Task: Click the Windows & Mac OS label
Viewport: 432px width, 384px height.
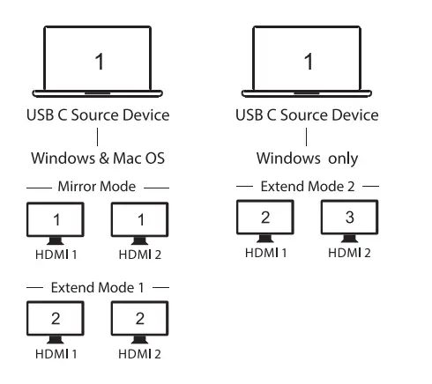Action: [x=98, y=160]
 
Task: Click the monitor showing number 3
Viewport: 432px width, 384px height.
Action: [x=350, y=220]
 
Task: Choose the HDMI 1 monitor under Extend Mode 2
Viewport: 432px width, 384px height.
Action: [x=265, y=220]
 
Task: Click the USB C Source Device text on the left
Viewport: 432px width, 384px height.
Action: [x=98, y=115]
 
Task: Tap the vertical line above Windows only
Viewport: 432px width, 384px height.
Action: [x=309, y=138]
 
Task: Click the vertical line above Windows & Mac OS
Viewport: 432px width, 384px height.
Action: [x=98, y=138]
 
